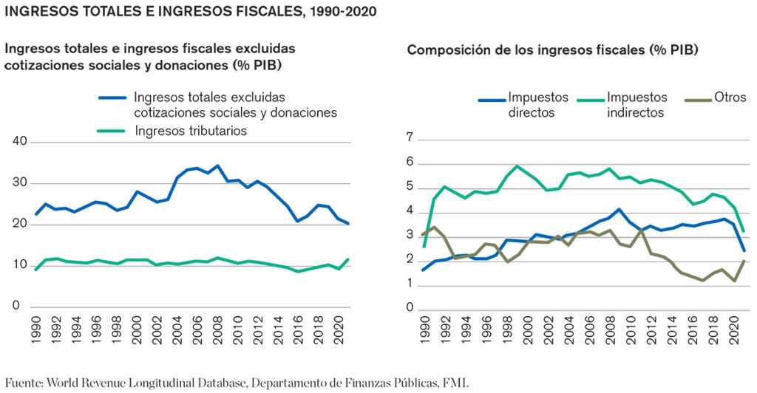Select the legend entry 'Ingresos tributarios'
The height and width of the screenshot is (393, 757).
[x=191, y=131]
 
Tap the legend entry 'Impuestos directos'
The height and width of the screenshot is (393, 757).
[x=537, y=105]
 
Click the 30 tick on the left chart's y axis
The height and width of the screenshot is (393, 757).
[x=21, y=182]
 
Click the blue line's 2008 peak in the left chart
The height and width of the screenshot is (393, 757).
[x=217, y=165]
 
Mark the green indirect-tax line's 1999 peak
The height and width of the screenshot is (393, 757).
[x=517, y=165]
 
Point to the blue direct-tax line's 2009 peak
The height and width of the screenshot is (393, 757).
[x=619, y=209]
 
